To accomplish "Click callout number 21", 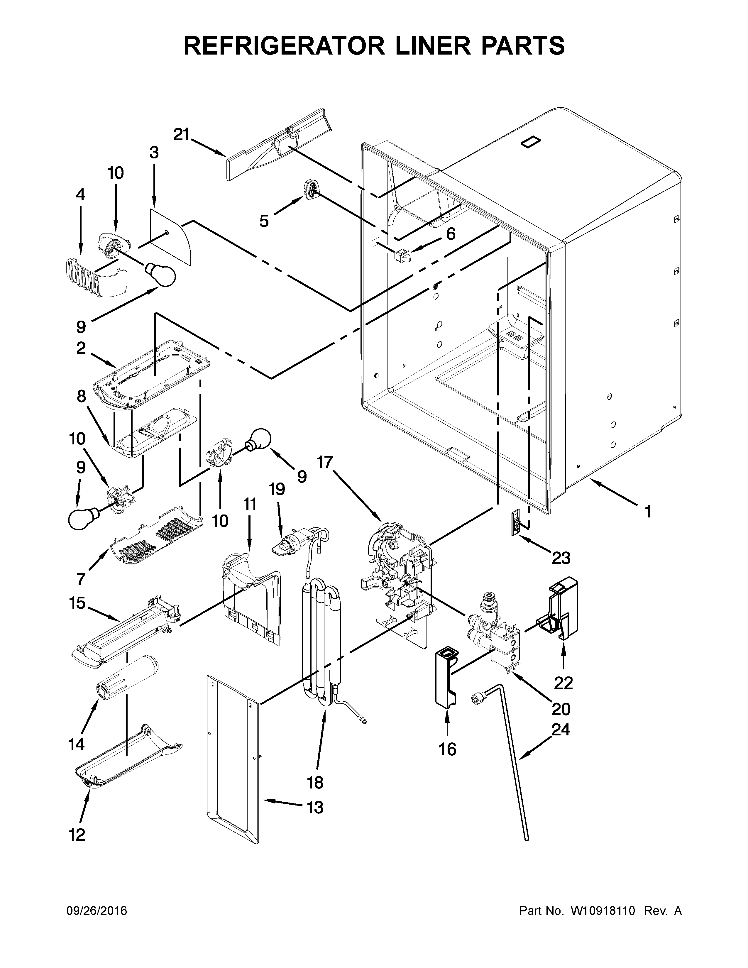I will pos(181,134).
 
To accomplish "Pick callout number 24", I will pos(561,729).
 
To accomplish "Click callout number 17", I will pos(324,462).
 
